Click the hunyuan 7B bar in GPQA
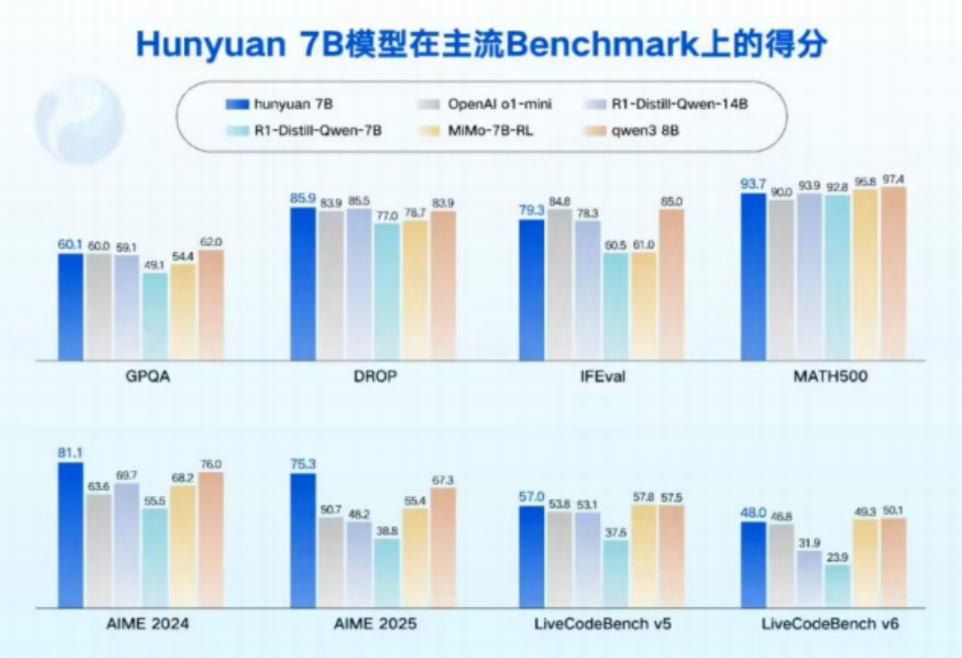point(71,307)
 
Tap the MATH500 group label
point(830,378)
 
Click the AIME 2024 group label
point(145,624)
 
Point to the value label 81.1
point(71,453)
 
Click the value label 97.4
point(893,179)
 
